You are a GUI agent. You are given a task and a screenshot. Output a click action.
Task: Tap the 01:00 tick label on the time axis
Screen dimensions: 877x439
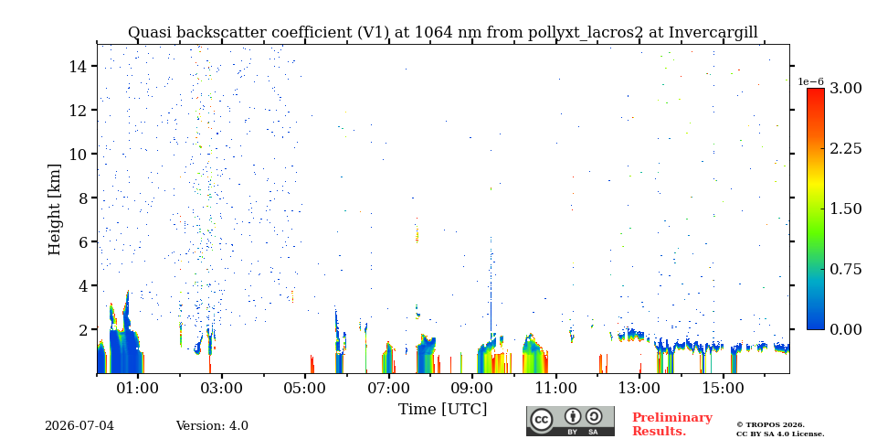pyautogui.click(x=138, y=388)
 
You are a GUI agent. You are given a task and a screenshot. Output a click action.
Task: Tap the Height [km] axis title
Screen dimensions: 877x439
pyautogui.click(x=54, y=209)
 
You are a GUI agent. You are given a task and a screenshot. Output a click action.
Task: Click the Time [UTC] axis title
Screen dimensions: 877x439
pyautogui.click(x=442, y=410)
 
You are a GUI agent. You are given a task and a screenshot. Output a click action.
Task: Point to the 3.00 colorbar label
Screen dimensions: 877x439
pyautogui.click(x=845, y=88)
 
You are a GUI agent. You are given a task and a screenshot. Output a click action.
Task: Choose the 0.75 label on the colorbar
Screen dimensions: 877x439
pyautogui.click(x=845, y=269)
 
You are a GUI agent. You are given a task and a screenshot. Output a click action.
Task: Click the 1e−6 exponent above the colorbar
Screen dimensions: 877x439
pyautogui.click(x=810, y=81)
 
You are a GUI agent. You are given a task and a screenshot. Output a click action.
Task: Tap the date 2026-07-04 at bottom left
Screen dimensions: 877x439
pyautogui.click(x=79, y=426)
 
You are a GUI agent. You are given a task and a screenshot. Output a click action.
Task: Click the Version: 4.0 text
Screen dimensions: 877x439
pyautogui.click(x=212, y=426)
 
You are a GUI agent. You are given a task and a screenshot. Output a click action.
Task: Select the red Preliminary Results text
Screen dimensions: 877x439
pyautogui.click(x=672, y=424)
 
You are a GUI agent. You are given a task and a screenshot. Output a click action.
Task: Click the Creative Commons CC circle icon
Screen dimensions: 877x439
pyautogui.click(x=542, y=420)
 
